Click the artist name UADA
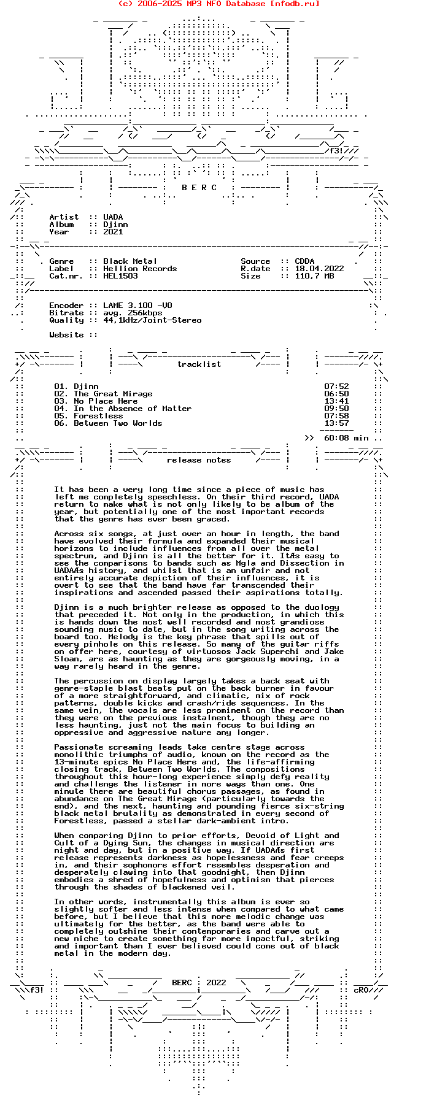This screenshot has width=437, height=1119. pos(113,217)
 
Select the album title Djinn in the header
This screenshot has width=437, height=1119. pos(115,225)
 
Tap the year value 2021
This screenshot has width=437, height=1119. pos(113,232)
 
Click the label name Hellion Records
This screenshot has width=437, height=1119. pos(140,269)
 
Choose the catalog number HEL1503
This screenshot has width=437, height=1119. pos(120,276)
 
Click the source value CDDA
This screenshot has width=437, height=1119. pos(304,261)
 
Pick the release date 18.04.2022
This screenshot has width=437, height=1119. pos(319,269)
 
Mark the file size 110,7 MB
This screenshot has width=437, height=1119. pos(314,276)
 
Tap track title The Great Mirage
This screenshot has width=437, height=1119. pos(113,394)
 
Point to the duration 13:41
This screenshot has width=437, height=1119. pos(336,401)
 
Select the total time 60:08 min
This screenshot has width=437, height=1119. pos(346,438)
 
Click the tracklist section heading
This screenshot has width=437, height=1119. pos(199,364)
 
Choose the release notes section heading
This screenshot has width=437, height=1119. pos(199,460)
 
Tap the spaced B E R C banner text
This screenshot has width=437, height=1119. pos(199,188)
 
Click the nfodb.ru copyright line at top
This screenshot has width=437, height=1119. pos(218,4)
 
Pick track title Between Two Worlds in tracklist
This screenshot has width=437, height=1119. pos(118,423)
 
